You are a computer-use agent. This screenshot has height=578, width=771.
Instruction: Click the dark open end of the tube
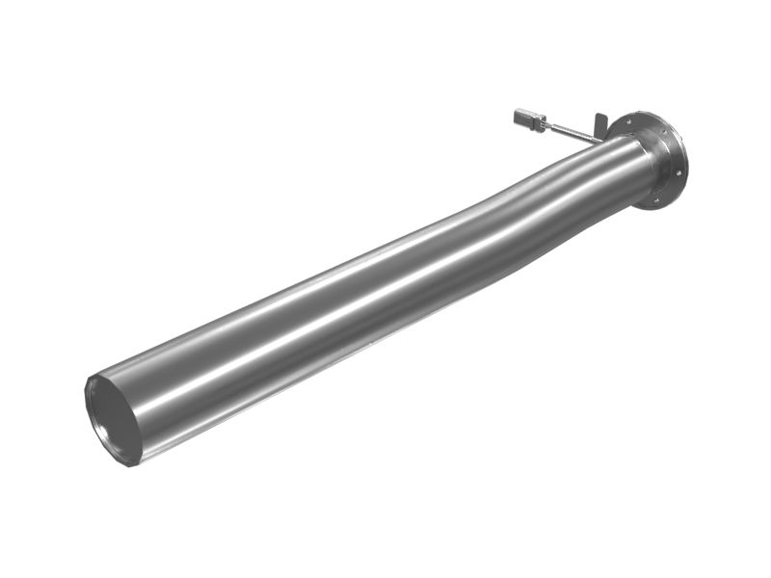[113, 420]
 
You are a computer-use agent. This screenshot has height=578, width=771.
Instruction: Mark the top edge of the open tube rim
[96, 377]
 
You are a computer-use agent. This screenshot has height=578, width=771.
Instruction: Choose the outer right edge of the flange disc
[687, 159]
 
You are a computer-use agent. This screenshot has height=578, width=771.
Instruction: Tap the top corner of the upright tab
[605, 115]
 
